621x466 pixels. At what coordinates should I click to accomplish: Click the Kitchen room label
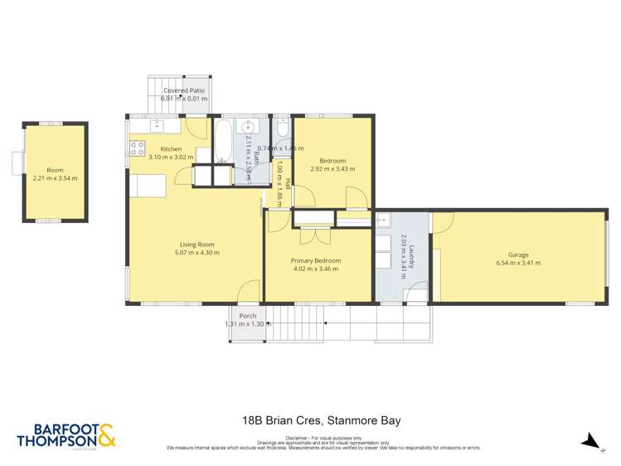click(171, 149)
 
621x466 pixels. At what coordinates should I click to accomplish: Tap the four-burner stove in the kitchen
click(136, 149)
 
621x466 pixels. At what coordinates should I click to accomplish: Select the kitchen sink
click(156, 125)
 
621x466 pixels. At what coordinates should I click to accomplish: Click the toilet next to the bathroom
click(283, 129)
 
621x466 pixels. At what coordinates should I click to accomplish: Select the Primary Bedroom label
click(316, 260)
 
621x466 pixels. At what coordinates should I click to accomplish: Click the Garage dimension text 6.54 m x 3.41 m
click(518, 263)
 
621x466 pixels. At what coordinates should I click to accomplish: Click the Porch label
click(247, 316)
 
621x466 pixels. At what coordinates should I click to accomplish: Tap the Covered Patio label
click(184, 90)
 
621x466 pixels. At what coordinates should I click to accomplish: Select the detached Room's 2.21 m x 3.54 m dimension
click(55, 177)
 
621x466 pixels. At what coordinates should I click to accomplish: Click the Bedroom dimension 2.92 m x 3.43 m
click(332, 168)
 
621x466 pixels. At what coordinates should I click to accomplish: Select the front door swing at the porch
click(245, 292)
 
